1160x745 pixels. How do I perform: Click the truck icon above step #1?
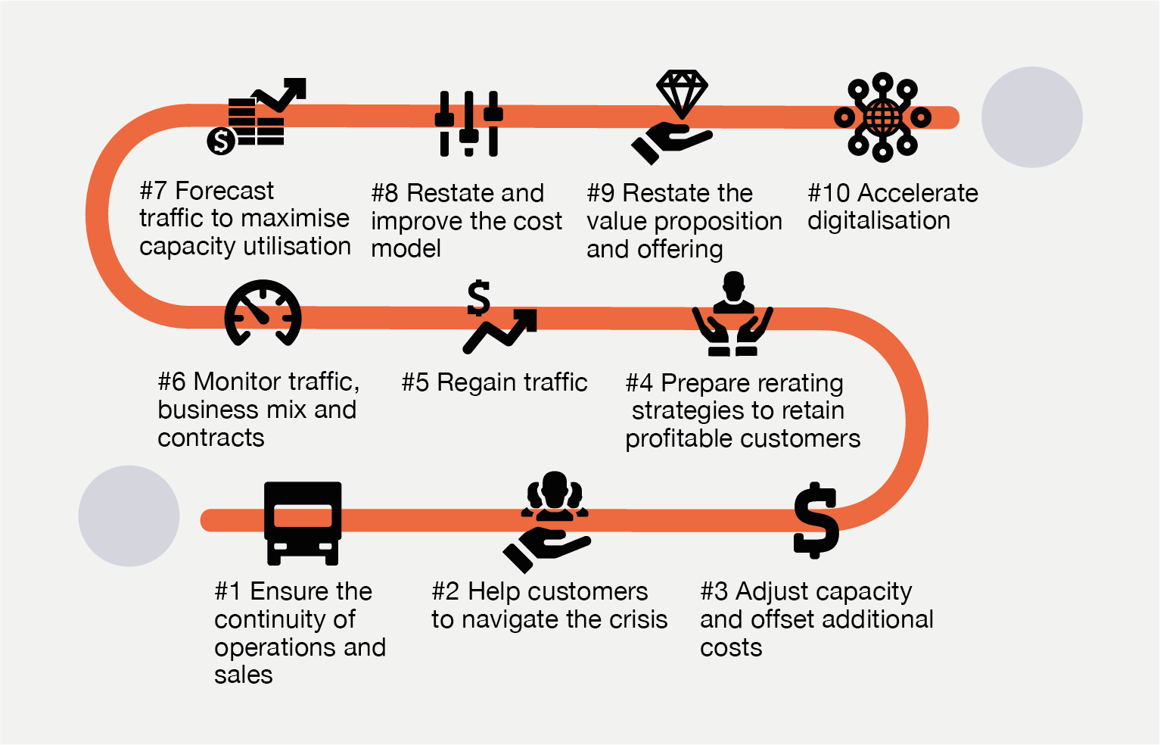[303, 522]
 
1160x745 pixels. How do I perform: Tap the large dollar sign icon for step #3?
[816, 521]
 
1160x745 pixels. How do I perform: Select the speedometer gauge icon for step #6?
[263, 313]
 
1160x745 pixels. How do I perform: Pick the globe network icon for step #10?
[882, 117]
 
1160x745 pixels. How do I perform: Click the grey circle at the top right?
[1031, 117]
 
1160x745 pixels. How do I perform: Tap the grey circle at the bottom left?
[129, 516]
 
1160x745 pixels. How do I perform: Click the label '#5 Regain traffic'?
[494, 382]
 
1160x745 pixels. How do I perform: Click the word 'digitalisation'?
[879, 220]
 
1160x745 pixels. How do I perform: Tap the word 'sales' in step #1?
[243, 675]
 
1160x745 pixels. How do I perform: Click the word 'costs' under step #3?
[731, 648]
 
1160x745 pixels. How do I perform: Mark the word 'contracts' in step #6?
[211, 438]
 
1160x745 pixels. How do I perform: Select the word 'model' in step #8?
[406, 248]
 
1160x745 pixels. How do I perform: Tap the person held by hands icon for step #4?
[732, 314]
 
